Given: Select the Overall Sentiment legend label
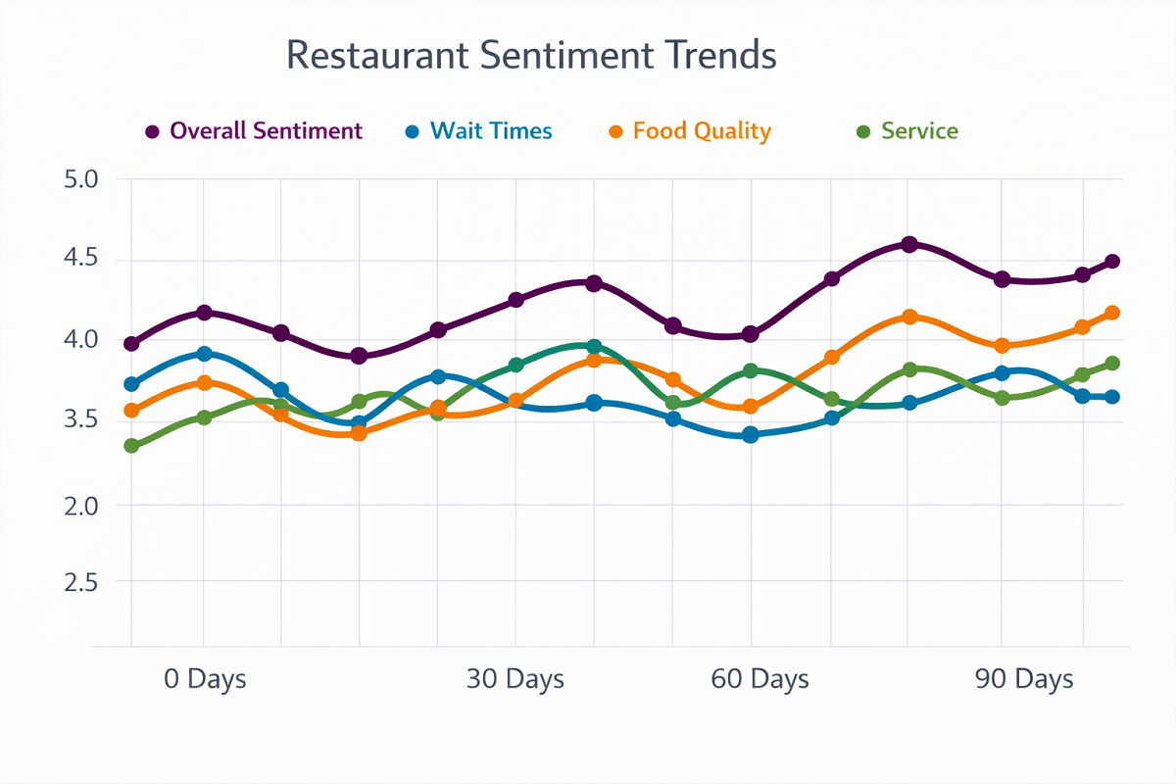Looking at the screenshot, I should [267, 131].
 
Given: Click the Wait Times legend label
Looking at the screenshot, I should [491, 131].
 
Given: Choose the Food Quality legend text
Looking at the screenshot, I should [702, 131].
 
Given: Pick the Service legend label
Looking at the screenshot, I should [919, 131].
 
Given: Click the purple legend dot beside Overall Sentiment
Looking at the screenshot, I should [152, 132].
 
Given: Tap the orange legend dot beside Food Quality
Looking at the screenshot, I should [615, 132].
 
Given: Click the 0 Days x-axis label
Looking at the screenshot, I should [205, 678].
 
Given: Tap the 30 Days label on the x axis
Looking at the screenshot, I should [515, 678].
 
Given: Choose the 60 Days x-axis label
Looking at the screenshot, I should [760, 678].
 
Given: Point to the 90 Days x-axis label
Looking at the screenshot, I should [1024, 678].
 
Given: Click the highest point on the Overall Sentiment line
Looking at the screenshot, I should [909, 244].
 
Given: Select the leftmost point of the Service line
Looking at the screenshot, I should [131, 446].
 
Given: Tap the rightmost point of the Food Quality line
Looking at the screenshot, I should [1112, 313].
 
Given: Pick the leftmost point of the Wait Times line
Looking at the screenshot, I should [131, 384].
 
